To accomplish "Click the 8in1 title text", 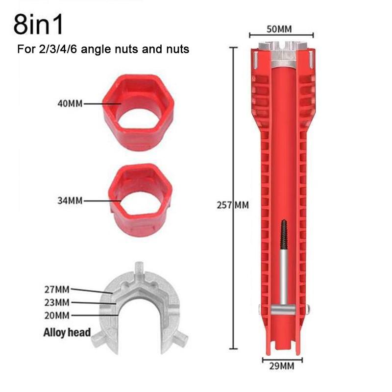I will point(38,25).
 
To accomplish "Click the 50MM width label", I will point(281,27).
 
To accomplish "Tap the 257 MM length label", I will point(232,205).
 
